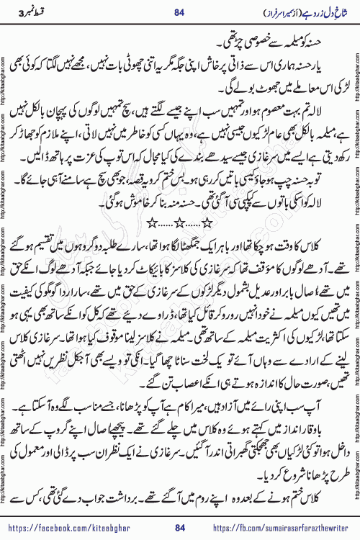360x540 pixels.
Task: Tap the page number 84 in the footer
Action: pyautogui.click(x=180, y=528)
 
